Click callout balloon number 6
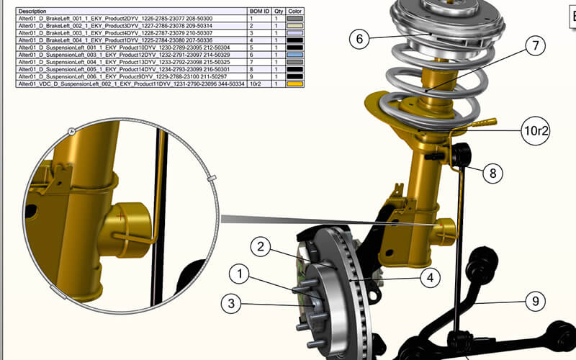pos(361,39)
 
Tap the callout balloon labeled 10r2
pos(536,130)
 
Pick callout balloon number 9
pos(534,302)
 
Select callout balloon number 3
pos(231,303)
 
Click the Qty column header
pos(276,12)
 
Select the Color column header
pos(295,12)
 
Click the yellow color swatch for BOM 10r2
pos(295,84)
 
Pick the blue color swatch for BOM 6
pos(295,54)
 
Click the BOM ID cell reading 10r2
pos(257,84)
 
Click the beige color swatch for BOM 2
pos(295,26)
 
